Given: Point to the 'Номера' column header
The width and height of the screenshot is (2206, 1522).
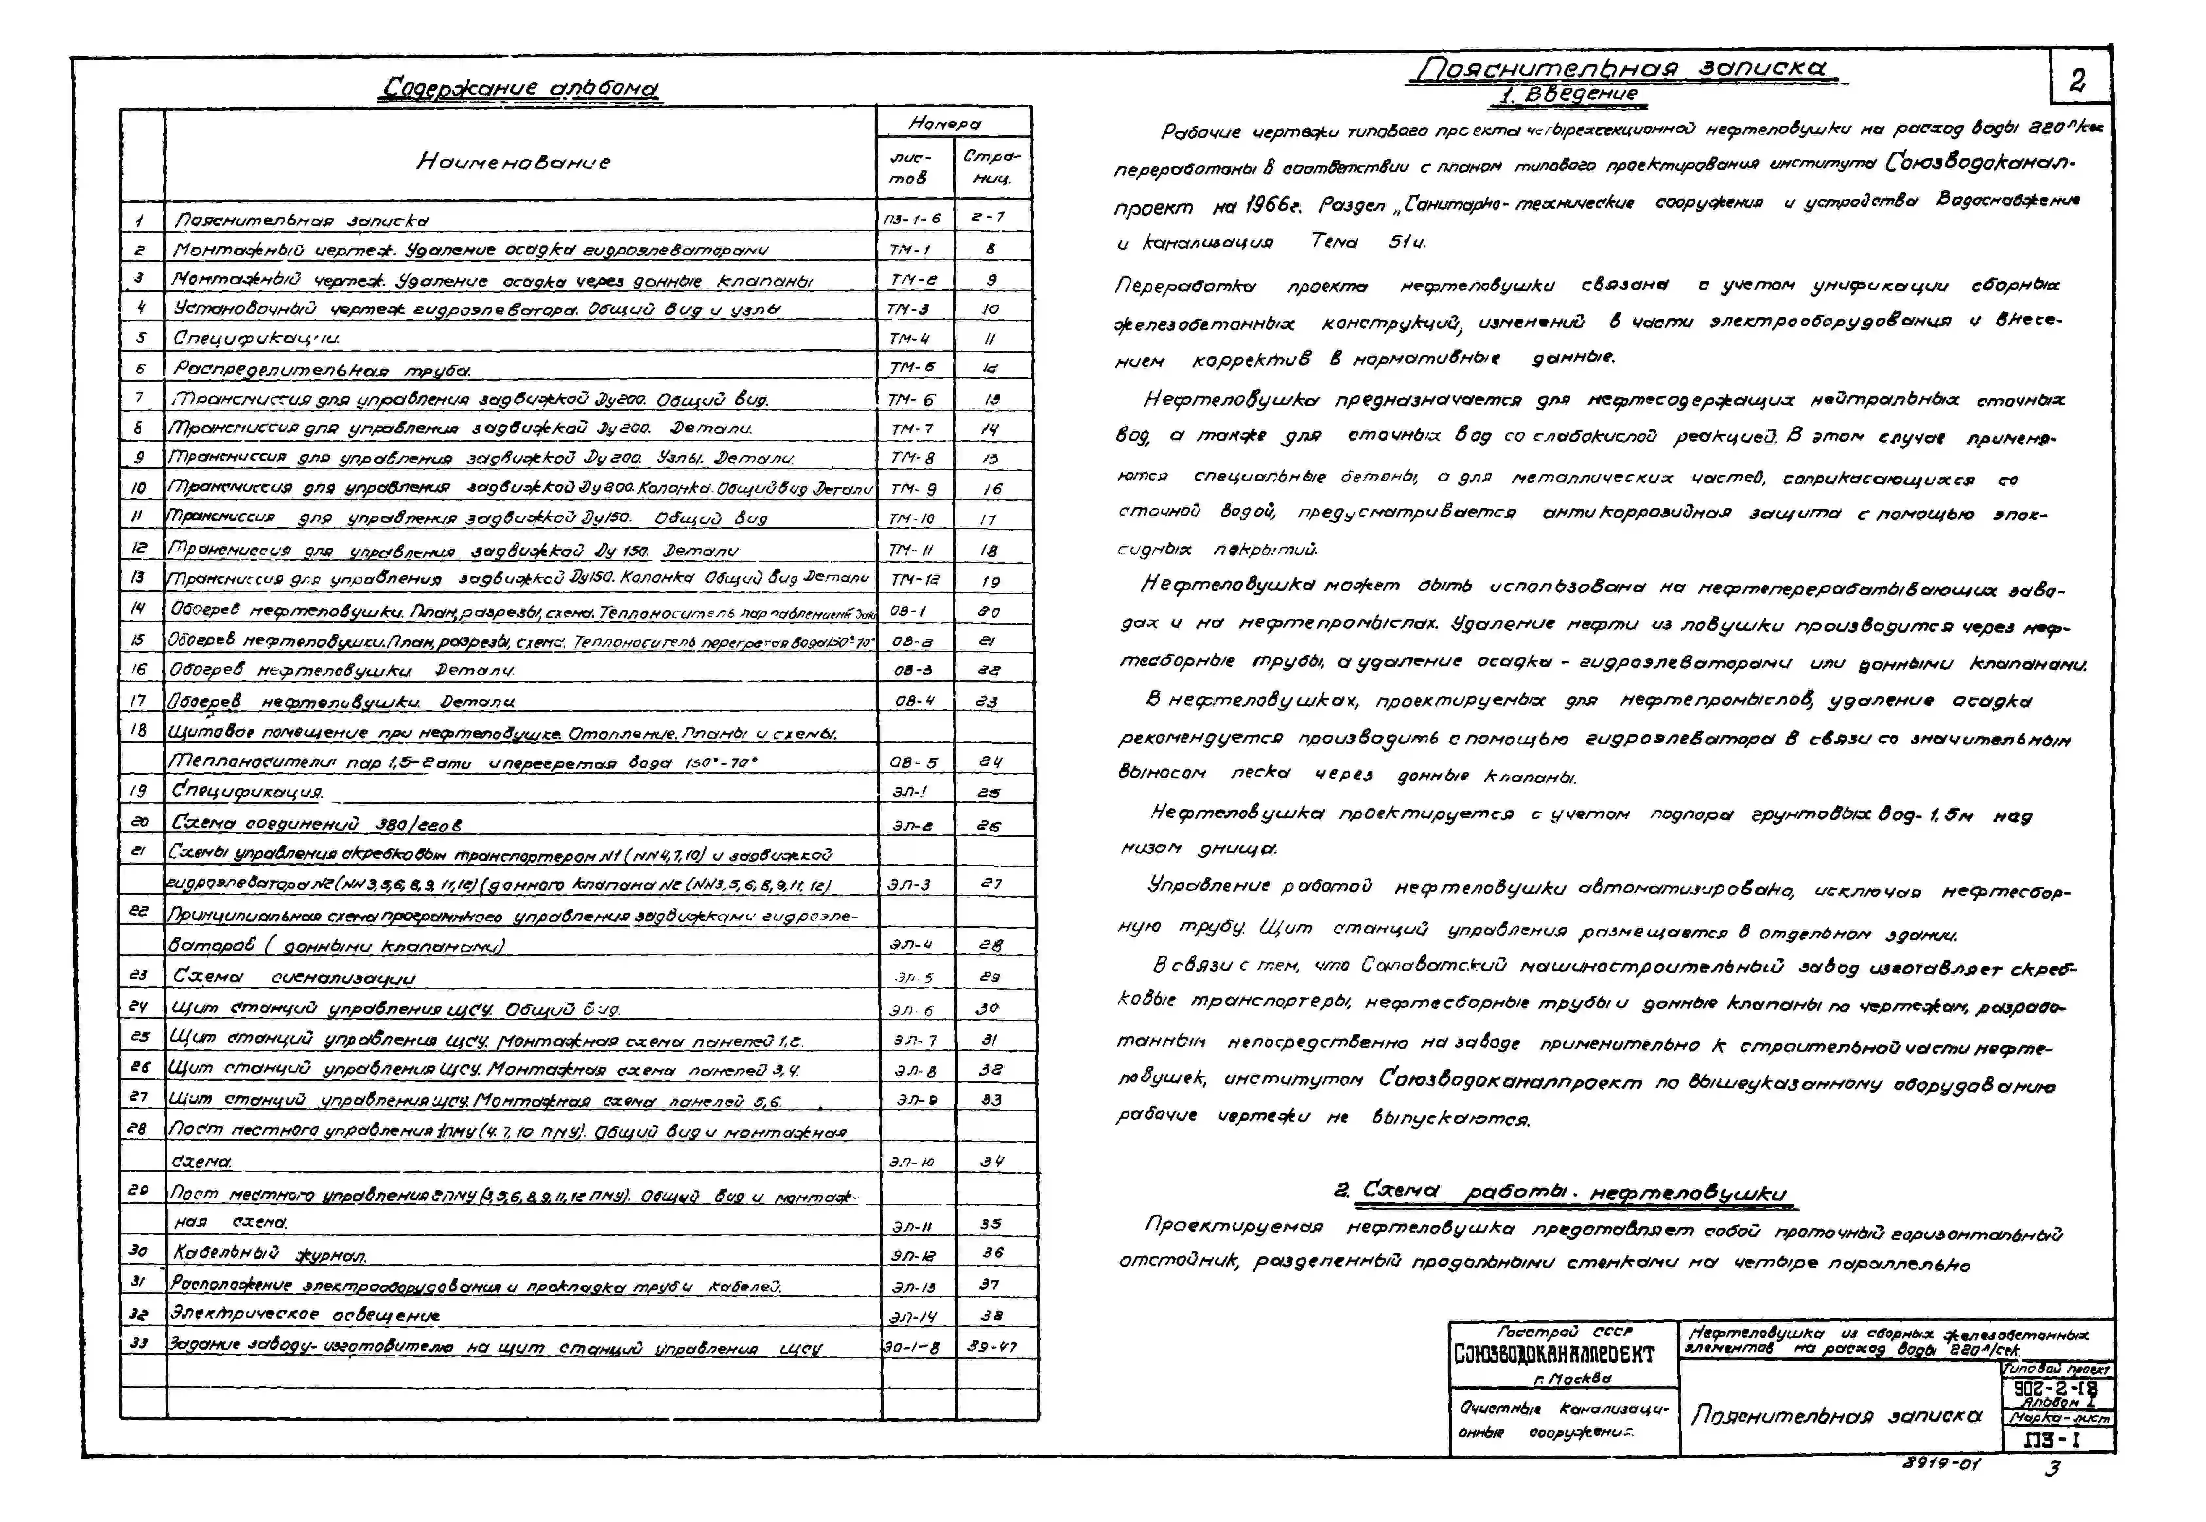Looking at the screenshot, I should [944, 123].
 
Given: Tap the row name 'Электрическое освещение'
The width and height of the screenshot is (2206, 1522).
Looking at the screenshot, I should [305, 1315].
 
